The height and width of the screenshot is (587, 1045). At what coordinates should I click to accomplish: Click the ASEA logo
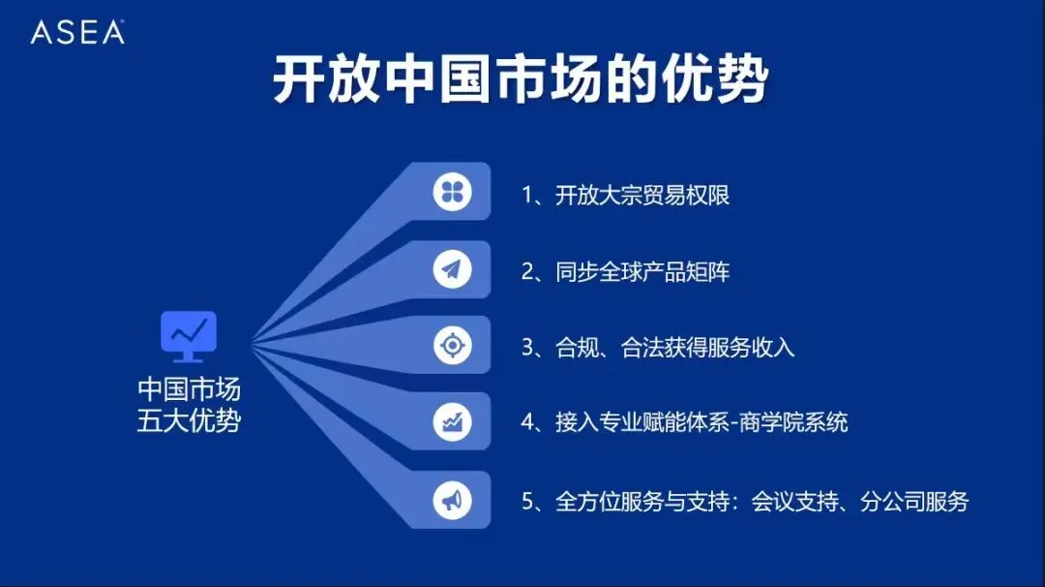pos(77,32)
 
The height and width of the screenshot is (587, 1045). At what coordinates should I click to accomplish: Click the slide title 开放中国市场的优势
pos(521,80)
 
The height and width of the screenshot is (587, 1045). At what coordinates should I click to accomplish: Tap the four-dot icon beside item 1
pos(452,193)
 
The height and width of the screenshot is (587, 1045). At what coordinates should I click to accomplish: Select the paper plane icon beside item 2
pos(452,270)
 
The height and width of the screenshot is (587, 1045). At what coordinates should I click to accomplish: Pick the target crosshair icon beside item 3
pos(452,346)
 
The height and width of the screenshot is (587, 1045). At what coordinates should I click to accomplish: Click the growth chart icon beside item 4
pos(452,422)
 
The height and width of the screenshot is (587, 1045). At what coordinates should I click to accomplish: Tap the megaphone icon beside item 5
pos(452,500)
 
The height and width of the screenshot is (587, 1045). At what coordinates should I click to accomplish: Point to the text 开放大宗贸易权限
pos(642,195)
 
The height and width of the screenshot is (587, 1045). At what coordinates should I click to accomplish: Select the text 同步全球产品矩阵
pos(642,271)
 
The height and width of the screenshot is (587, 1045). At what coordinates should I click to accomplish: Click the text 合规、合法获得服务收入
pos(675,347)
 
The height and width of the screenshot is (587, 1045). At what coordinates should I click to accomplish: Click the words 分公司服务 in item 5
pos(914,501)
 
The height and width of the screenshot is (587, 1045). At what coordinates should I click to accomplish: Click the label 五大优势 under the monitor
pos(189,421)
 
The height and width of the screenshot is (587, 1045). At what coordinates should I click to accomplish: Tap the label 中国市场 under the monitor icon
pos(189,389)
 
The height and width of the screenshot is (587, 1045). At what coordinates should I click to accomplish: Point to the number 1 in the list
pos(527,195)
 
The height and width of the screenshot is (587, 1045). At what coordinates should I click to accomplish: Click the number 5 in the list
pos(527,501)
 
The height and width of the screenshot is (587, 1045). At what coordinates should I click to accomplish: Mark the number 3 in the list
pos(527,347)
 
